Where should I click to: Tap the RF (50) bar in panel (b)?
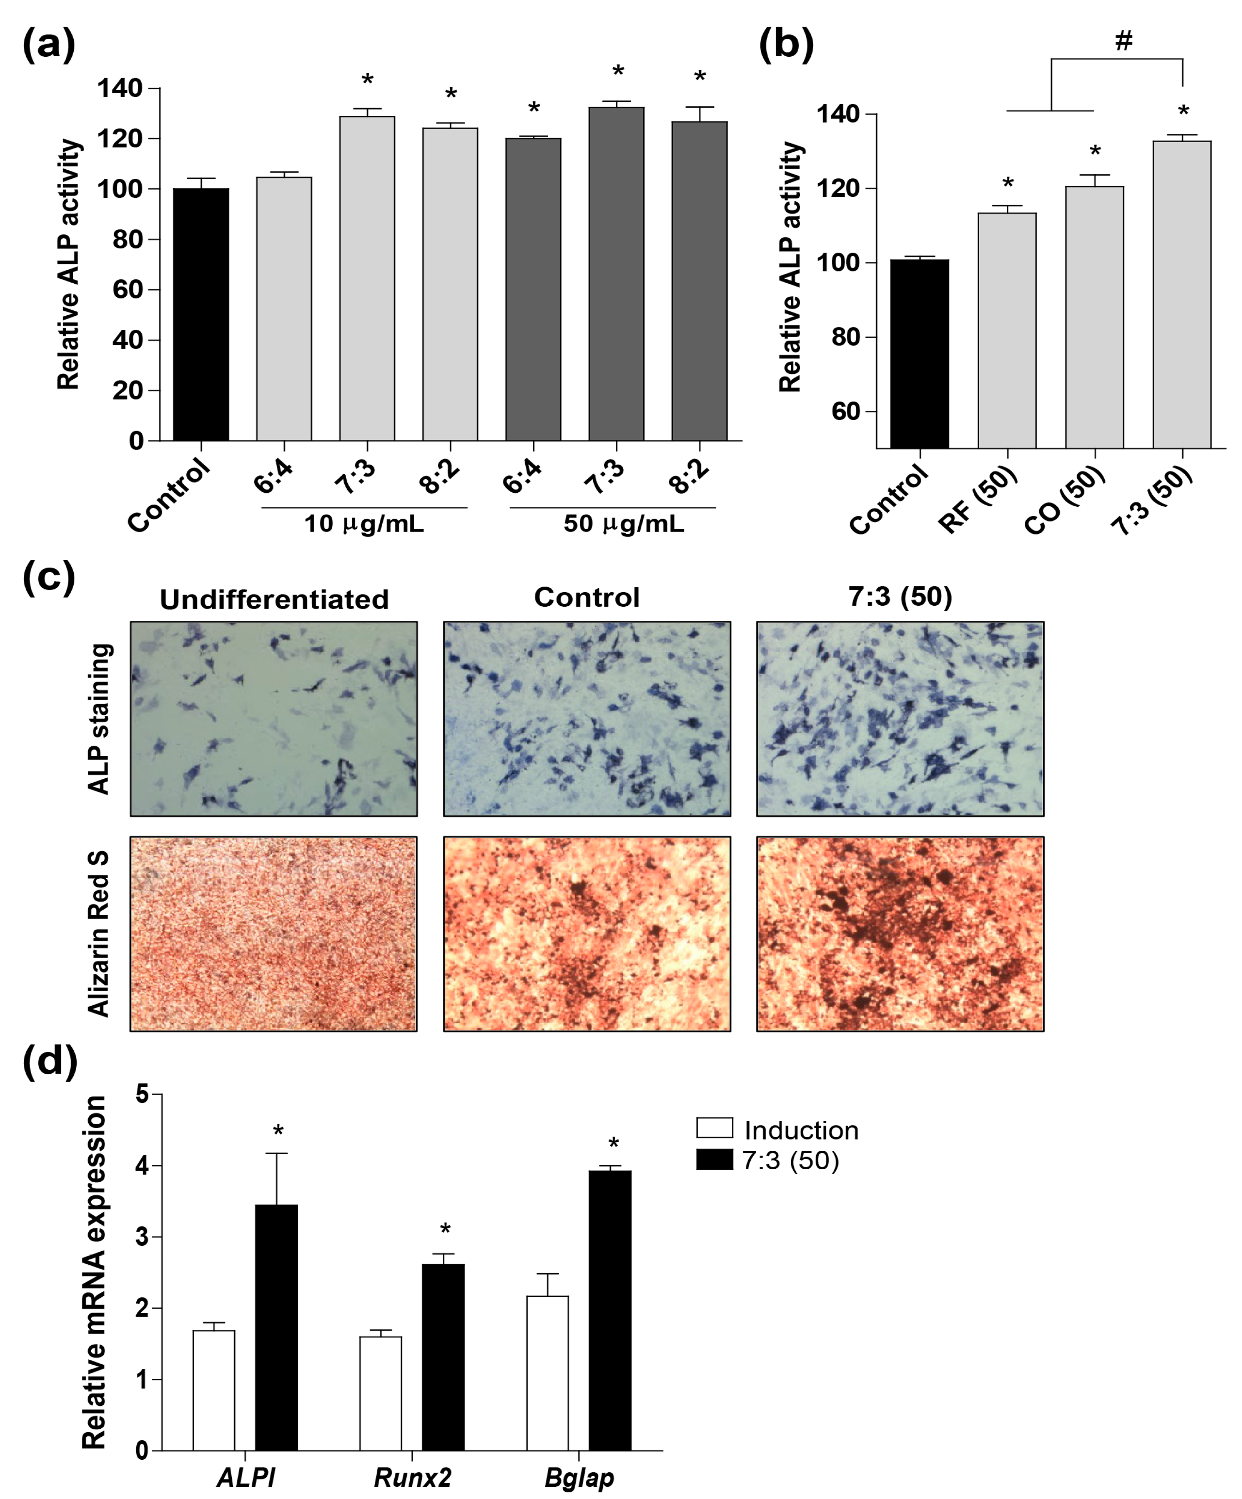1006,330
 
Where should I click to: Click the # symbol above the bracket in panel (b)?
1124,41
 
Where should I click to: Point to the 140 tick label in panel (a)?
120,89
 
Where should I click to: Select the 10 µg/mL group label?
364,524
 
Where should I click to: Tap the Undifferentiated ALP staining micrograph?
274,718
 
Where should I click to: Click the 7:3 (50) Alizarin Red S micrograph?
900,934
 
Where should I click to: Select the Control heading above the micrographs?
587,597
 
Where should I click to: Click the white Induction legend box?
714,1128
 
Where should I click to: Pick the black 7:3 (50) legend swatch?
714,1159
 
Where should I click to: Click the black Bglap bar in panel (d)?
610,1310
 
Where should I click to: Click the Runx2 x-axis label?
413,1477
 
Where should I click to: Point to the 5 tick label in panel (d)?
142,1094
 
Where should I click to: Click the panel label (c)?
48,577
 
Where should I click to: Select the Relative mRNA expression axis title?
94,1271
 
